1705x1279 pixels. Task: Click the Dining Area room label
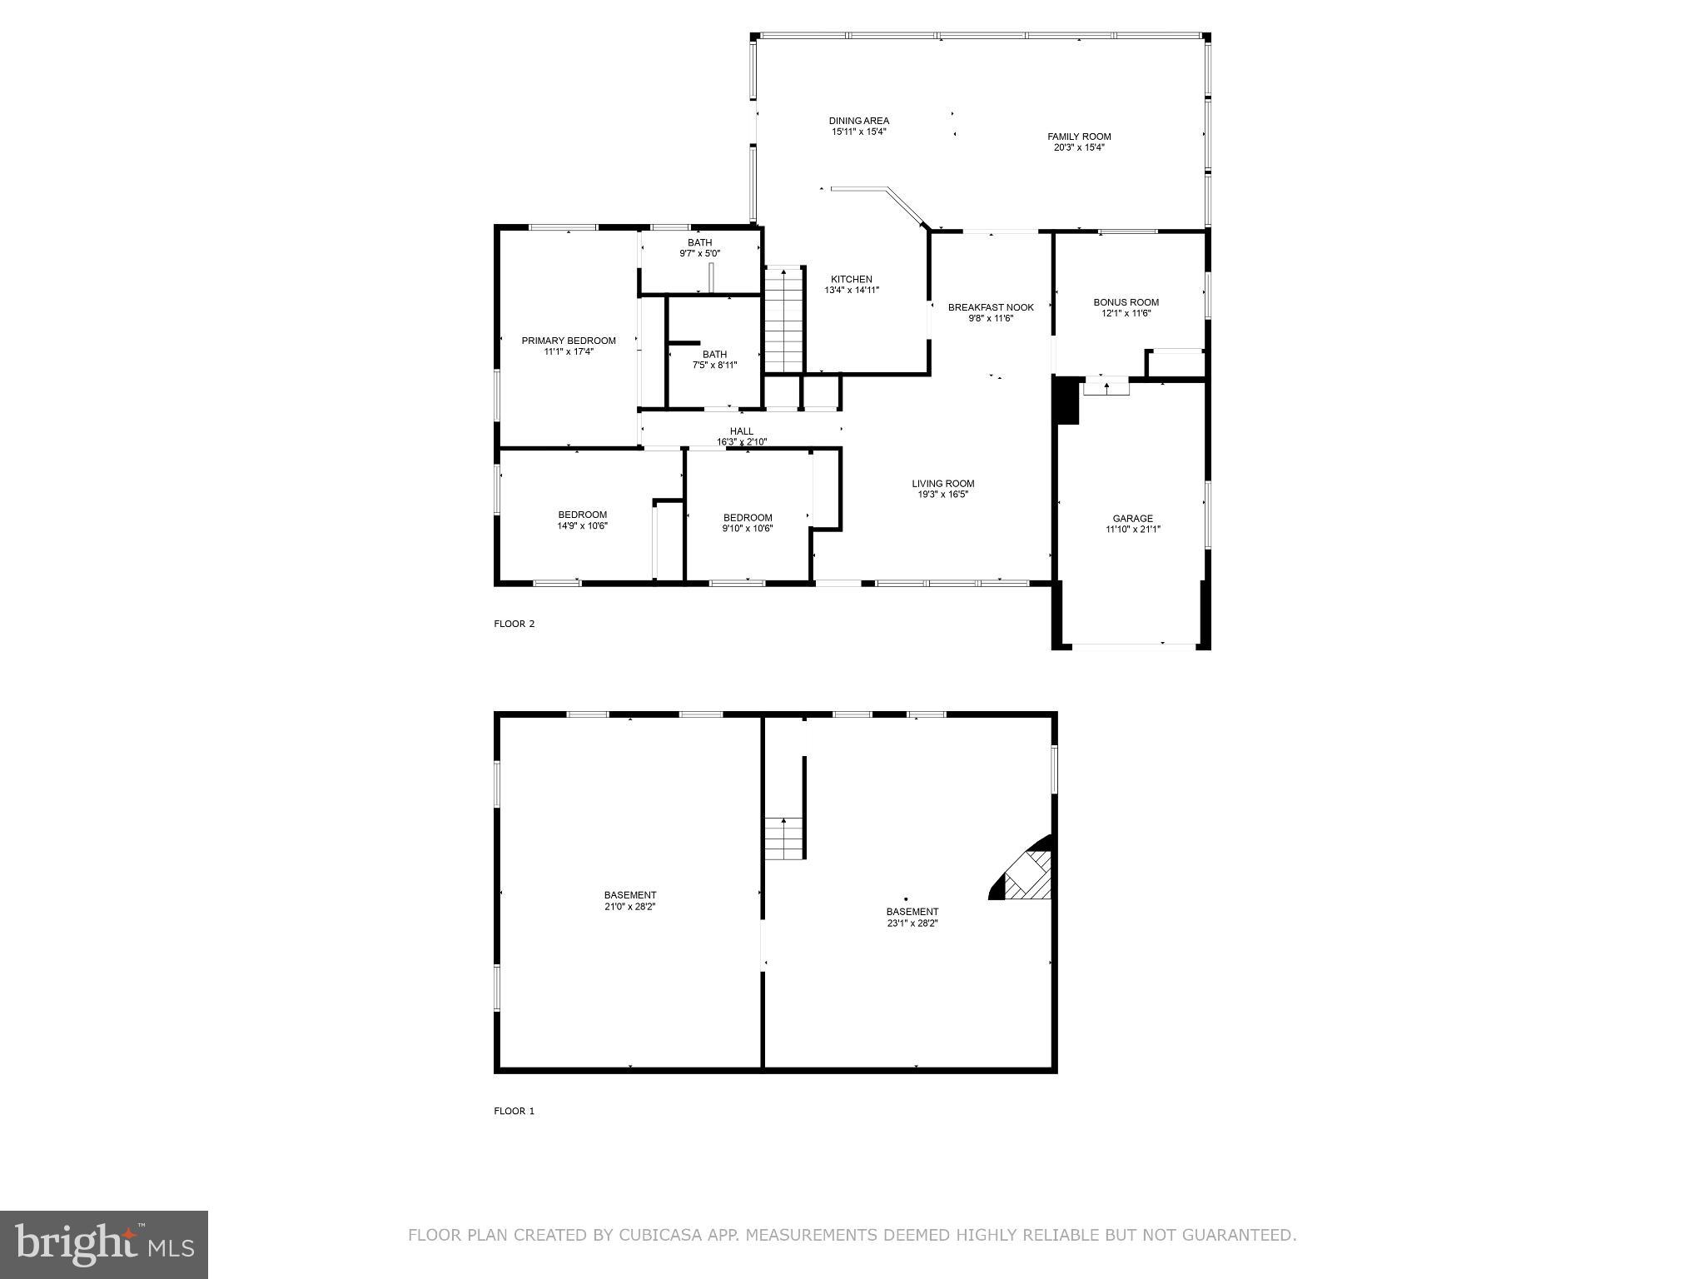tap(858, 121)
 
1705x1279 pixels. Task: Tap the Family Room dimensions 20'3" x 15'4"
tap(1079, 147)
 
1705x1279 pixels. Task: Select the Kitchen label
tap(851, 280)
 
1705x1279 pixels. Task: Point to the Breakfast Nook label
tap(991, 307)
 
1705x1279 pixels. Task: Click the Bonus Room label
tap(1126, 302)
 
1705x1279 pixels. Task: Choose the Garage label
tap(1132, 518)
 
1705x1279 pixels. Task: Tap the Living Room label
tap(942, 483)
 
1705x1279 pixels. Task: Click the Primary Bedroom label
tap(569, 341)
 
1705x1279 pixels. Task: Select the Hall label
tap(741, 431)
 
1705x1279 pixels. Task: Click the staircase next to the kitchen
tap(783, 320)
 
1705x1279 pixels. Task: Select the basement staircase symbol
tap(783, 839)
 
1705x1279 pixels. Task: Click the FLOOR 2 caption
tap(514, 624)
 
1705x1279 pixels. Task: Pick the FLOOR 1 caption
tap(514, 1111)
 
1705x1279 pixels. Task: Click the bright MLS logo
tap(104, 1244)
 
